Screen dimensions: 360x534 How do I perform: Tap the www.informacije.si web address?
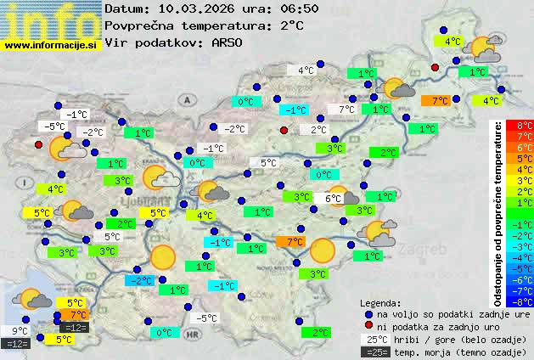(x=50, y=45)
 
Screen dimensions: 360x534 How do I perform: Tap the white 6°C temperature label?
(x=332, y=198)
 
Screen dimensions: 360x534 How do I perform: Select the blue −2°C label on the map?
(x=139, y=280)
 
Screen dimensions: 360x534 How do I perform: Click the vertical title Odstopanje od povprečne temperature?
(x=498, y=212)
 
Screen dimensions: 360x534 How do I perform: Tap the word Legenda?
(x=381, y=302)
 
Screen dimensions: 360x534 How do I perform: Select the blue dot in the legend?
(x=368, y=314)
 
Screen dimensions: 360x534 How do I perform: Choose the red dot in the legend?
(x=368, y=327)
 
